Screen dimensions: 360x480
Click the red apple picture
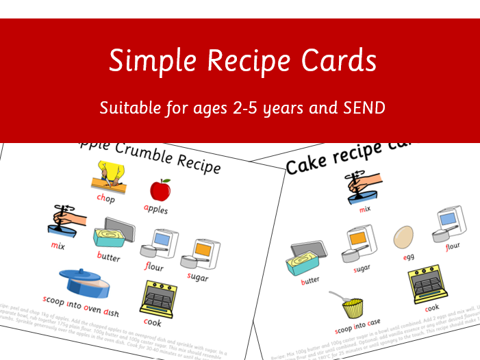[160, 190]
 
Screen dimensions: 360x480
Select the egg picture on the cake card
[404, 237]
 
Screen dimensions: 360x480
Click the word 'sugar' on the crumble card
[197, 277]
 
